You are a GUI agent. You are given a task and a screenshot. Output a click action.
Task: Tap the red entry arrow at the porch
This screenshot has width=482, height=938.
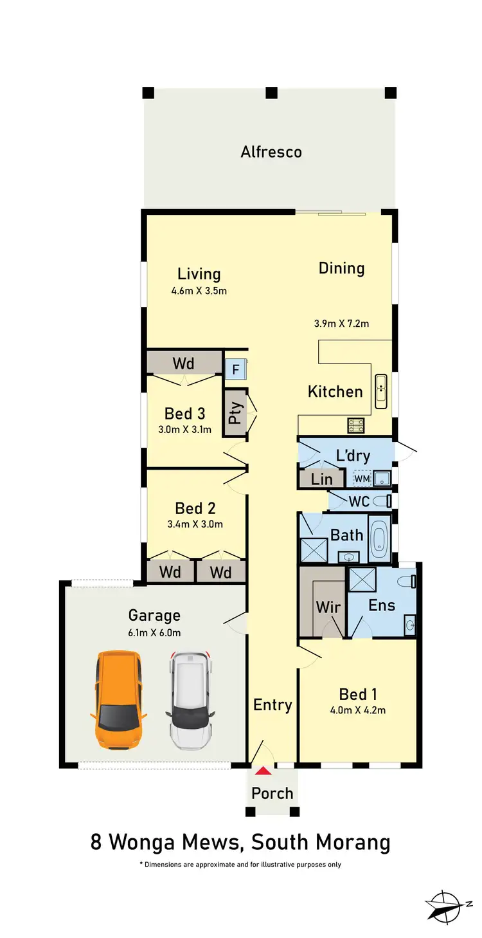click(x=262, y=770)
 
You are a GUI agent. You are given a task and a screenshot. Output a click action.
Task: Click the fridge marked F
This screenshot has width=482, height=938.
click(x=232, y=369)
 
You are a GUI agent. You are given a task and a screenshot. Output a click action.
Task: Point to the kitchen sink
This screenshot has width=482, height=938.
click(x=381, y=391)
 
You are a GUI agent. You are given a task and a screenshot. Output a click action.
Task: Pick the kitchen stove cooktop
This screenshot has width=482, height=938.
click(x=355, y=425)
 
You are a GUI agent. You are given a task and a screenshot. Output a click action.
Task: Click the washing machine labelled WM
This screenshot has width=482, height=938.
click(x=362, y=479)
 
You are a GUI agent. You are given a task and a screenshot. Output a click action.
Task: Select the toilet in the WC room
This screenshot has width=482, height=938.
click(x=384, y=501)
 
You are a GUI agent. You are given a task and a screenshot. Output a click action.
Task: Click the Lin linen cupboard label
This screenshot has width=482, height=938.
click(x=321, y=479)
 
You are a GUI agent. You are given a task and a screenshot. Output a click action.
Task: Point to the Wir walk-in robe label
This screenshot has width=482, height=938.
click(x=328, y=607)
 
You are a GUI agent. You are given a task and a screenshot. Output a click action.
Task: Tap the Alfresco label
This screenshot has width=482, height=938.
click(x=271, y=152)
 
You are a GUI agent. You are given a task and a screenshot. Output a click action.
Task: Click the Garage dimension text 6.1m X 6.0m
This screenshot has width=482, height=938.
click(x=154, y=633)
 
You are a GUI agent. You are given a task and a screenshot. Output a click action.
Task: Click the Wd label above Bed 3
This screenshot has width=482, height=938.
click(x=183, y=363)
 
